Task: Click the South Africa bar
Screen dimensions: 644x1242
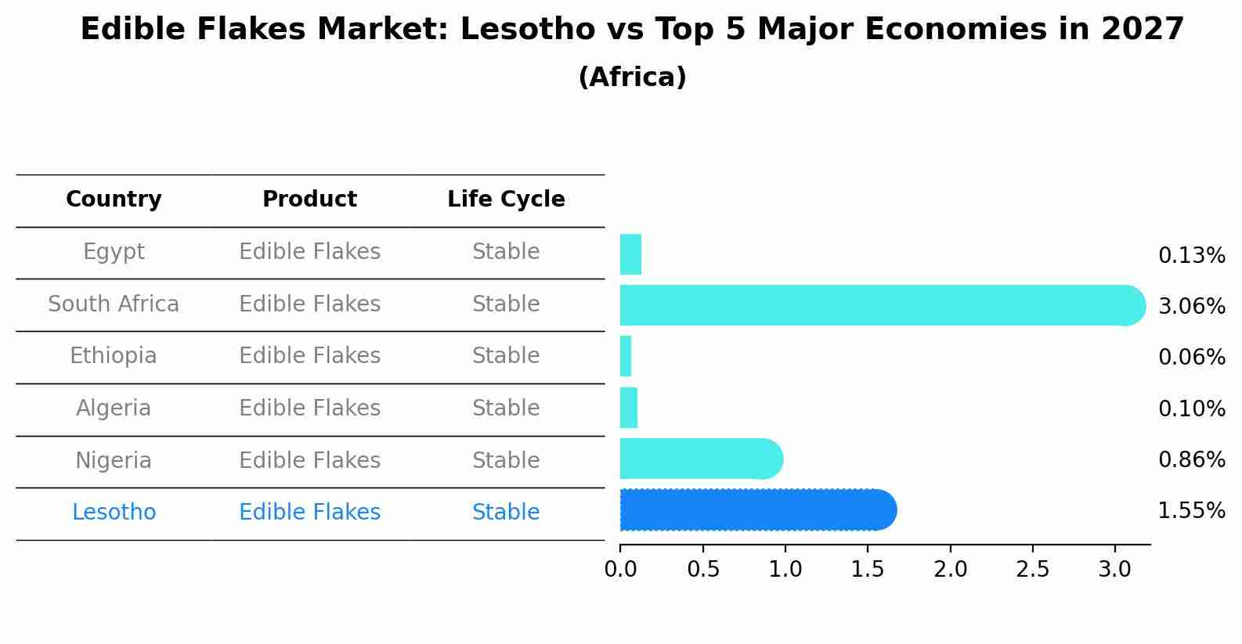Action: coord(877,305)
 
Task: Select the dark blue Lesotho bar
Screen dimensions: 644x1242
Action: coord(756,510)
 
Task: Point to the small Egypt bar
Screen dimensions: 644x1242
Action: coord(630,254)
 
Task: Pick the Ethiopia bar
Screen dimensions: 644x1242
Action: coord(626,356)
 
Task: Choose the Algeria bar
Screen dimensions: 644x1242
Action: coord(629,408)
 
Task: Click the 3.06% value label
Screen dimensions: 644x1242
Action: coord(1191,307)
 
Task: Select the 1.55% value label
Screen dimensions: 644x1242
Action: coord(1191,511)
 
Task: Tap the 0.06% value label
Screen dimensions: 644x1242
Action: coord(1191,358)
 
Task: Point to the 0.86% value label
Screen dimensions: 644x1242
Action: coord(1191,459)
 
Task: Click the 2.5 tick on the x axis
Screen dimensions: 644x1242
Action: coord(1032,570)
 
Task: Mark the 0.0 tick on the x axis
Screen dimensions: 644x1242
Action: coord(620,570)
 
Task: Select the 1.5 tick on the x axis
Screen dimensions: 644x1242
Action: coord(868,570)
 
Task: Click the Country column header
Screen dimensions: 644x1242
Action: coord(114,200)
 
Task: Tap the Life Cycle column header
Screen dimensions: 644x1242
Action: coord(506,200)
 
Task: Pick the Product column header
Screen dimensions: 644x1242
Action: coord(309,200)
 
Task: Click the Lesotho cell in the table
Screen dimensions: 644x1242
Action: coord(114,513)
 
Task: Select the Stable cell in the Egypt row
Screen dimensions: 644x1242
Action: coord(506,252)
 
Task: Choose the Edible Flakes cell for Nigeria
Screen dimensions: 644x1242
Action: coord(309,460)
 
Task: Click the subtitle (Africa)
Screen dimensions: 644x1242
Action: coord(632,77)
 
